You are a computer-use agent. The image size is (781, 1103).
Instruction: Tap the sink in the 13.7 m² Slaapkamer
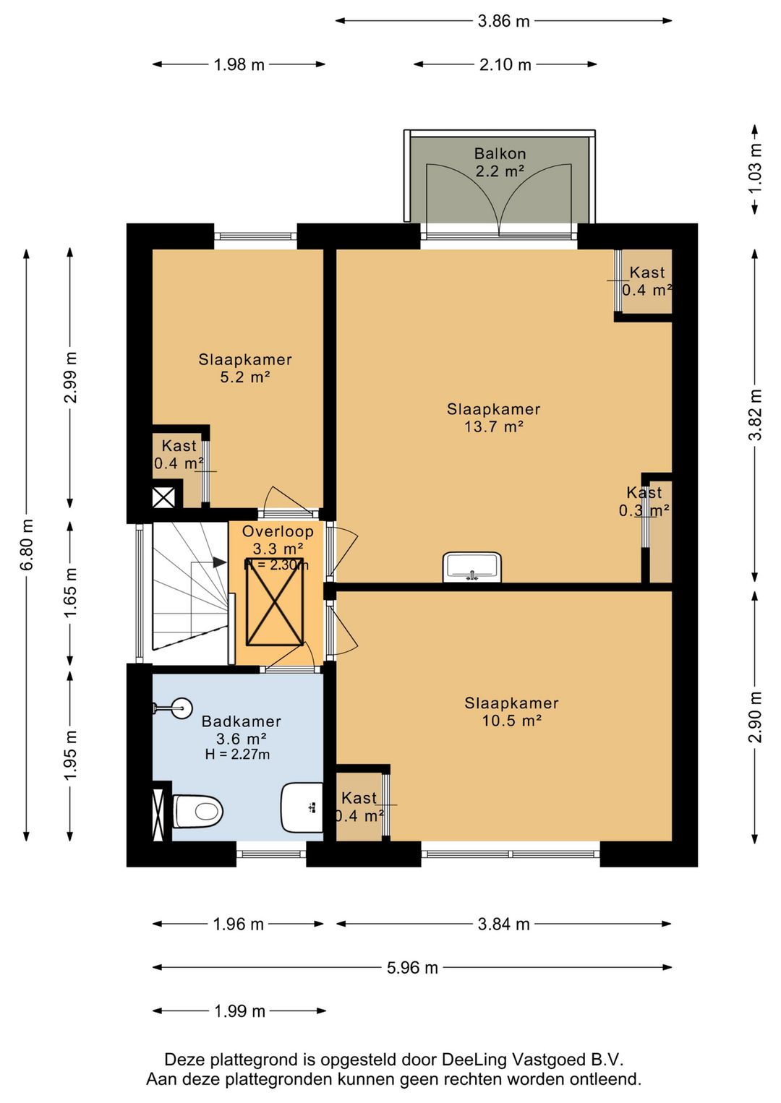click(472, 567)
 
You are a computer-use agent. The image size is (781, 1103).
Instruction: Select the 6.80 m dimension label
click(27, 544)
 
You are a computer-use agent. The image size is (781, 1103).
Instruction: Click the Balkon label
click(500, 154)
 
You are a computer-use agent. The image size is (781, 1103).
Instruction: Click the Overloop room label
click(278, 531)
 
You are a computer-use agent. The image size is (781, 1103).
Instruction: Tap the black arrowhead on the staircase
click(220, 562)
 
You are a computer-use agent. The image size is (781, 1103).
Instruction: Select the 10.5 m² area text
click(512, 721)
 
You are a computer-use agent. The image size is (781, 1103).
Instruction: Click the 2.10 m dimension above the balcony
click(505, 64)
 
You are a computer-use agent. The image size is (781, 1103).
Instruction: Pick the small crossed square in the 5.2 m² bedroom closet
click(163, 497)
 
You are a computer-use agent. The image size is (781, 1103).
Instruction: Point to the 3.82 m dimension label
click(755, 414)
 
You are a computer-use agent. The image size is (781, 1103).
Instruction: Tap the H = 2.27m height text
click(237, 755)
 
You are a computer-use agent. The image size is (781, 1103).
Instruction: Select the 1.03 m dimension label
click(755, 169)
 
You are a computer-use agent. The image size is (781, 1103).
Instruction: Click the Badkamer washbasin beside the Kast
click(302, 807)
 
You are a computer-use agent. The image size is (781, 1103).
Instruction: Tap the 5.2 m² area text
click(245, 378)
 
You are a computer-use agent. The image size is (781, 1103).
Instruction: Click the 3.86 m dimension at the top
click(503, 21)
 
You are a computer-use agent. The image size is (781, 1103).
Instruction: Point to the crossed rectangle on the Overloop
click(275, 601)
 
